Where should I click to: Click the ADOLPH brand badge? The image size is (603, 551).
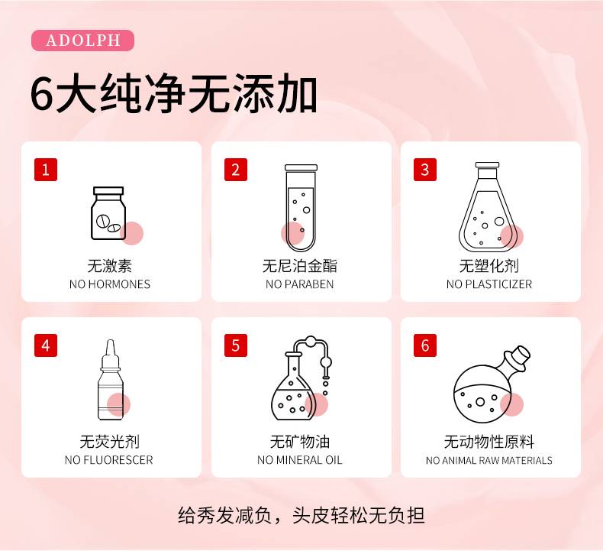click(82, 41)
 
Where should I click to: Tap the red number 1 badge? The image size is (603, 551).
click(46, 170)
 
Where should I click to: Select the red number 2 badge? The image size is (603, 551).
click(236, 170)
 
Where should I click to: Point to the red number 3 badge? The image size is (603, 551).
click(425, 170)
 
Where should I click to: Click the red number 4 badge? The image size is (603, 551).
click(46, 345)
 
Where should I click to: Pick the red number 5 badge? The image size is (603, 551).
click(236, 345)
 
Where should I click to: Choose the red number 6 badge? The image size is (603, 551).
click(425, 345)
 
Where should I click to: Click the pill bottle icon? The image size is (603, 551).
click(108, 213)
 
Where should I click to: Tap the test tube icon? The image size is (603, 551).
click(301, 208)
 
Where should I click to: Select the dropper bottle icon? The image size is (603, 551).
click(111, 380)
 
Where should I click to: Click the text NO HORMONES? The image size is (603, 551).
click(110, 284)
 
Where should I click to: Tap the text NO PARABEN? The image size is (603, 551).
click(299, 284)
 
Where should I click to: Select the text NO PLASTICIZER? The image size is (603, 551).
click(489, 284)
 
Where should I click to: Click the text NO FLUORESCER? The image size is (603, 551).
click(109, 460)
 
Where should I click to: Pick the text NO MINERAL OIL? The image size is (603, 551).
click(299, 460)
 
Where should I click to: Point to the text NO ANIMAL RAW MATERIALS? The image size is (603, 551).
click(489, 460)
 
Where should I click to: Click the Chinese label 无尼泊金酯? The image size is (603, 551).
click(299, 266)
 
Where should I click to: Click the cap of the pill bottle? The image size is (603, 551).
click(108, 191)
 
